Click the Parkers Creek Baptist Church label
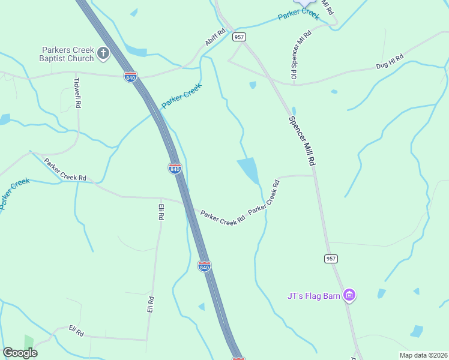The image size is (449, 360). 67,54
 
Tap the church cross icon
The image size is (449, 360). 103,54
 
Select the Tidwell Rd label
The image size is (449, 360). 77,92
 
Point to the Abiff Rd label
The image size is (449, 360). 215,38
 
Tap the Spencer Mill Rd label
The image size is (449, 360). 302,140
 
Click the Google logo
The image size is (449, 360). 20,353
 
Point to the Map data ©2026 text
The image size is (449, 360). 423,355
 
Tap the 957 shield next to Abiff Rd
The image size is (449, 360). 240,37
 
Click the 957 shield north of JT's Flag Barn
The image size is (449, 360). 331,259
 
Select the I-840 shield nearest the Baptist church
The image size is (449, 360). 130,77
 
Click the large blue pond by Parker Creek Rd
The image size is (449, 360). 249,170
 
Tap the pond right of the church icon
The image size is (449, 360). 136,50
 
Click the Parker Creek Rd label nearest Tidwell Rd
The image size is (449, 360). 65,170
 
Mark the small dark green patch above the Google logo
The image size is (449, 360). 28,341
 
